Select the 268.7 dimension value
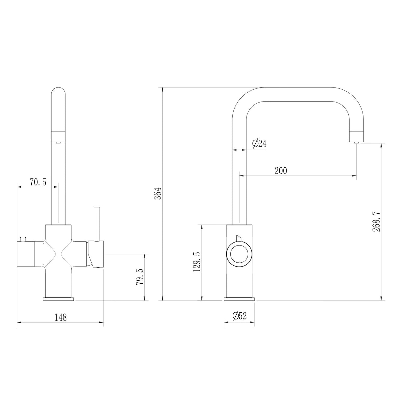pos(376,221)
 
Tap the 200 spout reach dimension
pos(280,171)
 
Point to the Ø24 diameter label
pos(259,144)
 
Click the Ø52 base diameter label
pos(239,316)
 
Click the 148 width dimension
pos(60,317)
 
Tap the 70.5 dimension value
pos(38,182)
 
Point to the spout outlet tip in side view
pos(356,141)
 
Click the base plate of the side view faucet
pos(239,299)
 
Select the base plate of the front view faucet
pos(59,299)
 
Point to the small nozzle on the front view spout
pos(59,142)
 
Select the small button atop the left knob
pos(23,238)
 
